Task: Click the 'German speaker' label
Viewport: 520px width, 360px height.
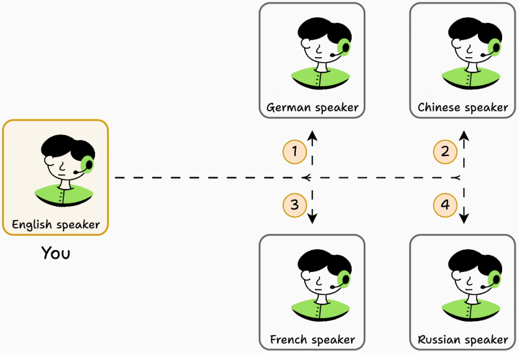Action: click(x=312, y=107)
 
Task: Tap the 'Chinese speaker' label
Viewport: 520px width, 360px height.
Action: click(x=463, y=107)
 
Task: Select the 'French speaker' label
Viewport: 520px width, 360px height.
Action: click(x=312, y=339)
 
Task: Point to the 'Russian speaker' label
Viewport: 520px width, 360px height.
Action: click(x=463, y=339)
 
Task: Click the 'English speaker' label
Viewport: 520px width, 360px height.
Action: click(x=55, y=225)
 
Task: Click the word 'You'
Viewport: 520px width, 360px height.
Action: click(x=55, y=253)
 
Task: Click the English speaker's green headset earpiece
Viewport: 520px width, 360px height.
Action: click(x=87, y=164)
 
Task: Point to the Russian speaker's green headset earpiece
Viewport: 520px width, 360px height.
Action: click(x=495, y=279)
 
